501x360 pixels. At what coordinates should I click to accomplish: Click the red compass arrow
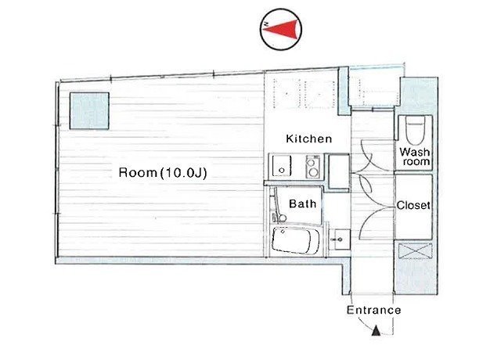point(283,30)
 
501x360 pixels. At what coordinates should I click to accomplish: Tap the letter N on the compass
point(265,24)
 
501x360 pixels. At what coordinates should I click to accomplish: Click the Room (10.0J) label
point(163,172)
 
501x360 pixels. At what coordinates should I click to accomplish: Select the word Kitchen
point(308,139)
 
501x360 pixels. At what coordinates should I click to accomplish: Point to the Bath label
point(302,203)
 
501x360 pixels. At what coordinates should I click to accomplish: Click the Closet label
point(413,205)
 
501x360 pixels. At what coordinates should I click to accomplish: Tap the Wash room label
point(416,157)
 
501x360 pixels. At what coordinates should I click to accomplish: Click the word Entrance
point(373,310)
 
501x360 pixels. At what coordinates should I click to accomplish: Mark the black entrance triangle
point(376,330)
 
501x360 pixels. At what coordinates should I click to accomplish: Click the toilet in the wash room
point(416,131)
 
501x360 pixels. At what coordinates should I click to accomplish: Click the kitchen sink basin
point(282,166)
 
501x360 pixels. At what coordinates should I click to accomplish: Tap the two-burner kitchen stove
point(313,167)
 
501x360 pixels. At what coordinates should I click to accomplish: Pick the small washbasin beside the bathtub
point(339,239)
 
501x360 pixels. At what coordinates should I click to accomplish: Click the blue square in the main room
point(89,111)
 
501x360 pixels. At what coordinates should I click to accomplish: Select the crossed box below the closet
point(416,251)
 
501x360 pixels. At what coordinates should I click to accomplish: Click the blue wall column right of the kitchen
point(344,91)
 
